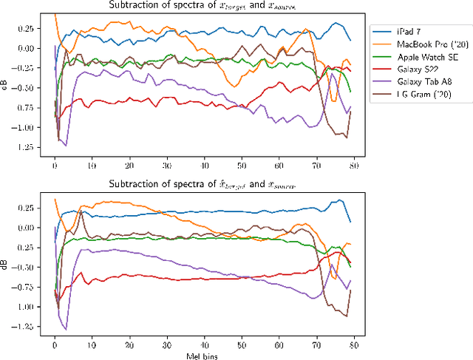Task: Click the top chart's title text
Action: pos(202,7)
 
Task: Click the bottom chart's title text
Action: pos(202,186)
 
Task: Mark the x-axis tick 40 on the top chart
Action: pos(204,168)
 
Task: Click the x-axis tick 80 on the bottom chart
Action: pos(354,344)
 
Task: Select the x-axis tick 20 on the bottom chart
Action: pos(129,344)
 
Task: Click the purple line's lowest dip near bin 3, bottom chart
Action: pos(66,329)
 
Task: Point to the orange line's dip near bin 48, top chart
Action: pos(234,86)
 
